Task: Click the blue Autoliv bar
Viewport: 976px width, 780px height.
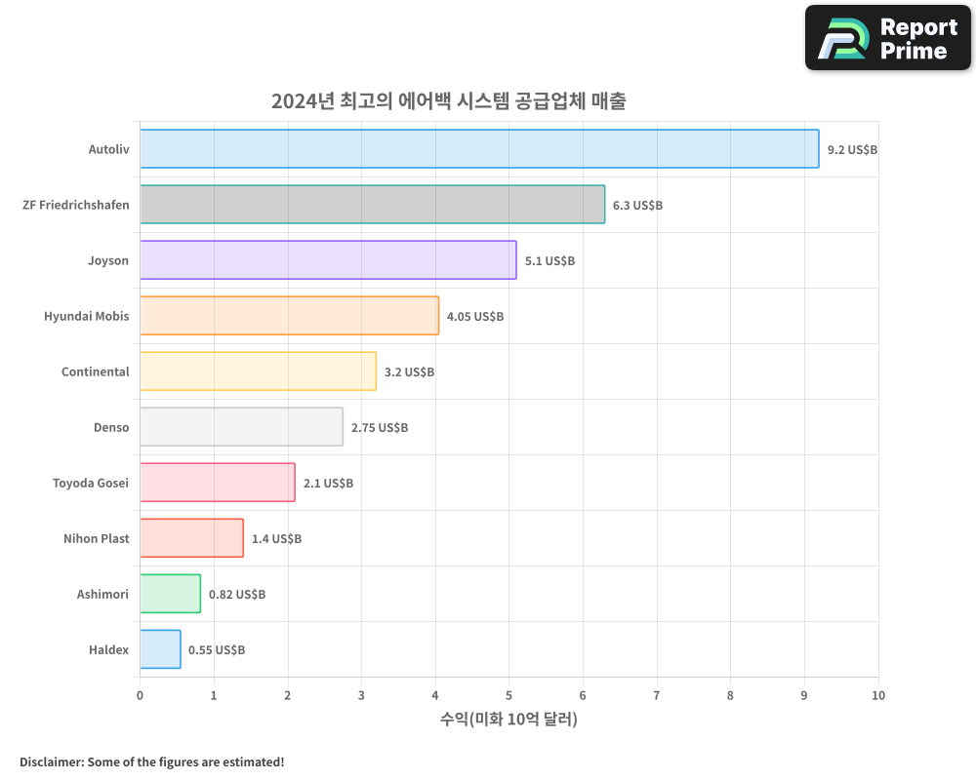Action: (x=478, y=149)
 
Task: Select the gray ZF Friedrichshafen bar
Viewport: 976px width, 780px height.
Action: (x=372, y=205)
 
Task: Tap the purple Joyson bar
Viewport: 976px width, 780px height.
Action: (x=328, y=260)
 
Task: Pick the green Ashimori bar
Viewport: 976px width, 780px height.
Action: (x=170, y=594)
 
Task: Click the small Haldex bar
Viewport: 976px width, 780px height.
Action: (x=160, y=649)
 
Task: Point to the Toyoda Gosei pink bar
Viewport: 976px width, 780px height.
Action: (x=217, y=483)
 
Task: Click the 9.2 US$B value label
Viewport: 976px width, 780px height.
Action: (x=852, y=150)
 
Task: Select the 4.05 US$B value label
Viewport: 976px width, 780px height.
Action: (x=475, y=317)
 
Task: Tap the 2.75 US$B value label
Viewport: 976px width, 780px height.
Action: (x=380, y=428)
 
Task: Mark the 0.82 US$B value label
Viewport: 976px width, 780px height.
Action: (x=237, y=595)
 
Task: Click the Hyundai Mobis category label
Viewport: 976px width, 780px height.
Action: (x=86, y=317)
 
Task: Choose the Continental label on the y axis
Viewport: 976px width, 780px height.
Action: (x=95, y=372)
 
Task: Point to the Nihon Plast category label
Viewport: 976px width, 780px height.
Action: (x=96, y=539)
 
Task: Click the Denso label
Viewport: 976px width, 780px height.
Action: (x=111, y=428)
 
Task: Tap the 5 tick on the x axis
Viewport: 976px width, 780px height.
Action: (x=508, y=696)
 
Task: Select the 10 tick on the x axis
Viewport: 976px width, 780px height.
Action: (x=877, y=696)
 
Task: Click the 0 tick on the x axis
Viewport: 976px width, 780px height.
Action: (x=140, y=696)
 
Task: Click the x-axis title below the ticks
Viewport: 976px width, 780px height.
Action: (x=508, y=720)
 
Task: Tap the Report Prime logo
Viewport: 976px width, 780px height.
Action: (x=887, y=38)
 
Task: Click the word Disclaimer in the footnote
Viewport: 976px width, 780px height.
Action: (x=51, y=762)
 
